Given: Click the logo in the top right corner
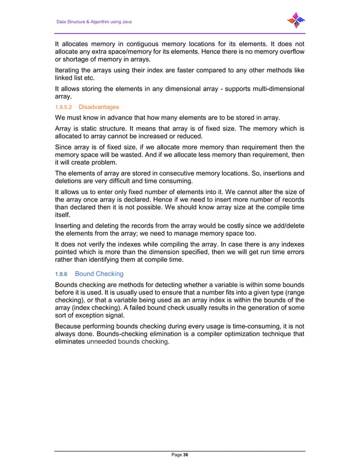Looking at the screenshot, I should [296, 21].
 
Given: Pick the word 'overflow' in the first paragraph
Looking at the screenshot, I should [291, 52].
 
